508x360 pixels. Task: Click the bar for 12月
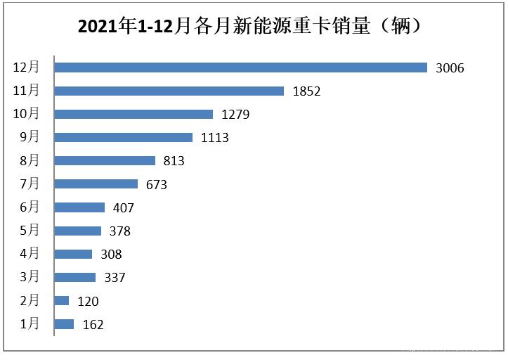(x=241, y=67)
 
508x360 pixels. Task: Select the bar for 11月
(x=169, y=91)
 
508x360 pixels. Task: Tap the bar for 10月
(x=133, y=114)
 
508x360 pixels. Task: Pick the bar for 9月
(x=124, y=137)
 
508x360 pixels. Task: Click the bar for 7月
(x=96, y=184)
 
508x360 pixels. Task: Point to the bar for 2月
(x=62, y=301)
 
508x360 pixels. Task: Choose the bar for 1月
(x=65, y=324)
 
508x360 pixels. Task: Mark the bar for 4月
(x=74, y=254)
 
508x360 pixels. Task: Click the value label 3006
(x=450, y=68)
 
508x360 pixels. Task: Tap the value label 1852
(x=306, y=91)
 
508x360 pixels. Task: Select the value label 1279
(x=235, y=115)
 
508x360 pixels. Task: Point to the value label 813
(x=173, y=161)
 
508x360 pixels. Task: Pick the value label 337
(x=114, y=278)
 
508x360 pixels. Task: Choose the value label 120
(x=87, y=302)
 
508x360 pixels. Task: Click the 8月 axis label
(x=30, y=160)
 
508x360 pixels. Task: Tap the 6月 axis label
(x=30, y=207)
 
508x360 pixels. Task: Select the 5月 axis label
(x=30, y=231)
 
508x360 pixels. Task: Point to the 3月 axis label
(x=30, y=277)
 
